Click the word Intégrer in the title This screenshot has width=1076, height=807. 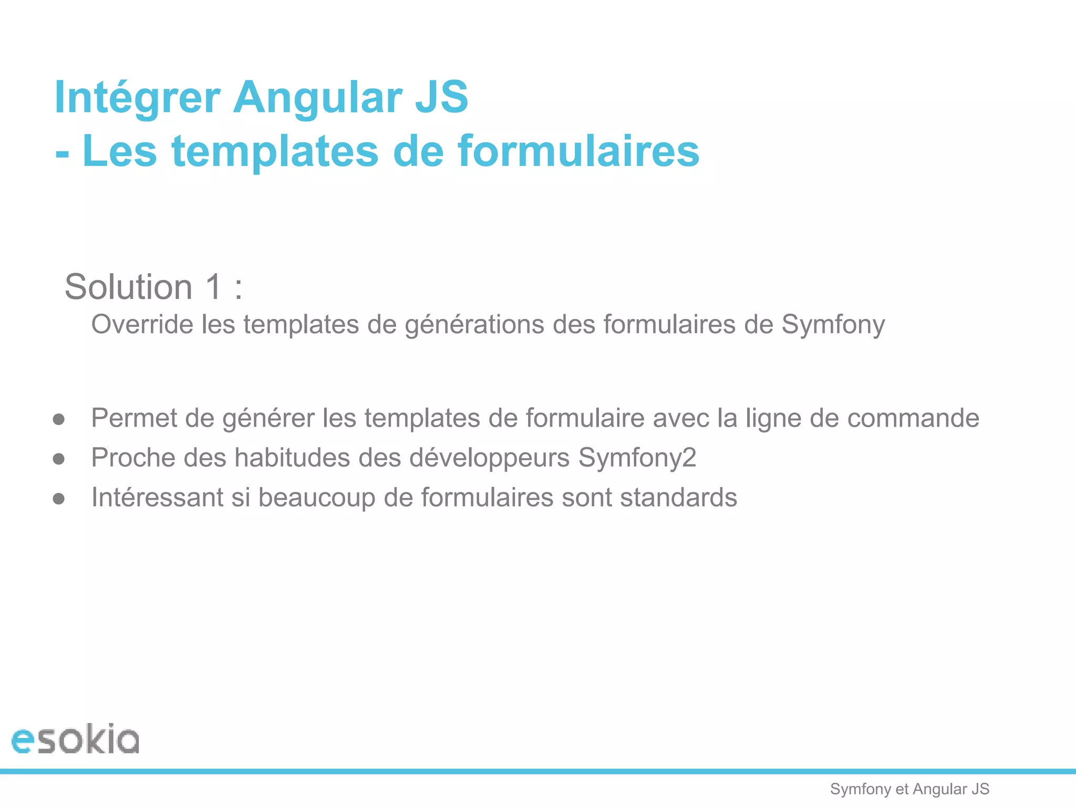point(137,98)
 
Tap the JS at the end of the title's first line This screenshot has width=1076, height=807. point(441,98)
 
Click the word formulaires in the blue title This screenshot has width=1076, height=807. point(578,151)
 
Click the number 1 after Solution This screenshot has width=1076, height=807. point(214,287)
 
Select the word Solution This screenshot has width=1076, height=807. point(129,287)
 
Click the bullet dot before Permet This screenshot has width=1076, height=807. point(59,419)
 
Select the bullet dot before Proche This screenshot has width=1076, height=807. point(59,459)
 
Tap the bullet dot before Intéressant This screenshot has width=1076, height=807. point(59,498)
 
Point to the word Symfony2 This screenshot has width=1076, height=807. point(637,458)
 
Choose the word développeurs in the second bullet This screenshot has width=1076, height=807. point(489,458)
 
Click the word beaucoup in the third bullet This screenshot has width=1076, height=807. point(317,498)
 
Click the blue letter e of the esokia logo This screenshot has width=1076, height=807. point(24,740)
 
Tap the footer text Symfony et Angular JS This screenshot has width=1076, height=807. point(909,789)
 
